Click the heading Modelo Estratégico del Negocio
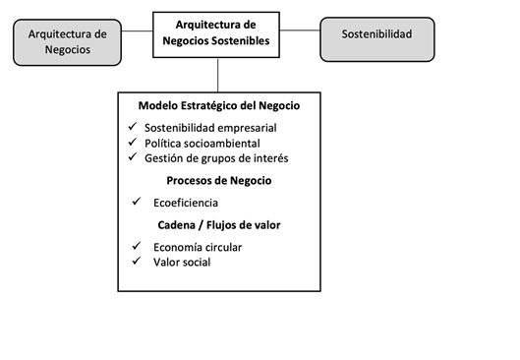(219, 106)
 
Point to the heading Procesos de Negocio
(219, 181)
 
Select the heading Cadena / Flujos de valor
(219, 224)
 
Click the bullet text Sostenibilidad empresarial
(210, 129)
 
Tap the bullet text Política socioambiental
(202, 144)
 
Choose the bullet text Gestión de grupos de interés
(216, 158)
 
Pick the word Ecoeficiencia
(186, 203)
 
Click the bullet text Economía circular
(198, 247)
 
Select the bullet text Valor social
(182, 262)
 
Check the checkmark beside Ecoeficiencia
(136, 202)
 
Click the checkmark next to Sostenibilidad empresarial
(133, 128)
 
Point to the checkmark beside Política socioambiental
(133, 143)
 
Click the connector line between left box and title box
(140, 30)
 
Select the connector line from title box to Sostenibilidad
(301, 30)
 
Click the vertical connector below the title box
(219, 75)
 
